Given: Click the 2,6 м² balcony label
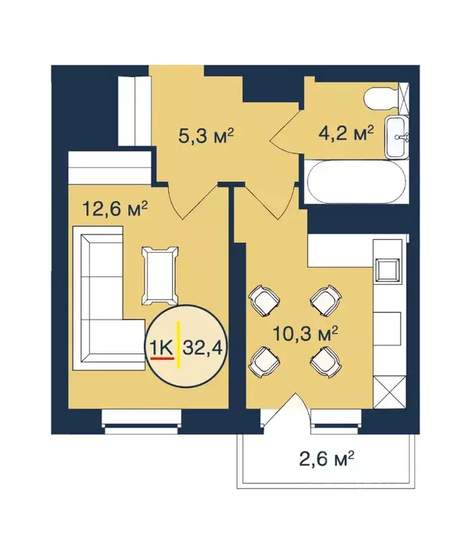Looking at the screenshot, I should coord(332,457).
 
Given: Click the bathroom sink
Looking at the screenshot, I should coord(398,137).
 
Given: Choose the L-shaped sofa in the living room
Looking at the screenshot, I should coord(101,295).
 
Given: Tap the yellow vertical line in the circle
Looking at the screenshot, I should coord(178,348).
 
